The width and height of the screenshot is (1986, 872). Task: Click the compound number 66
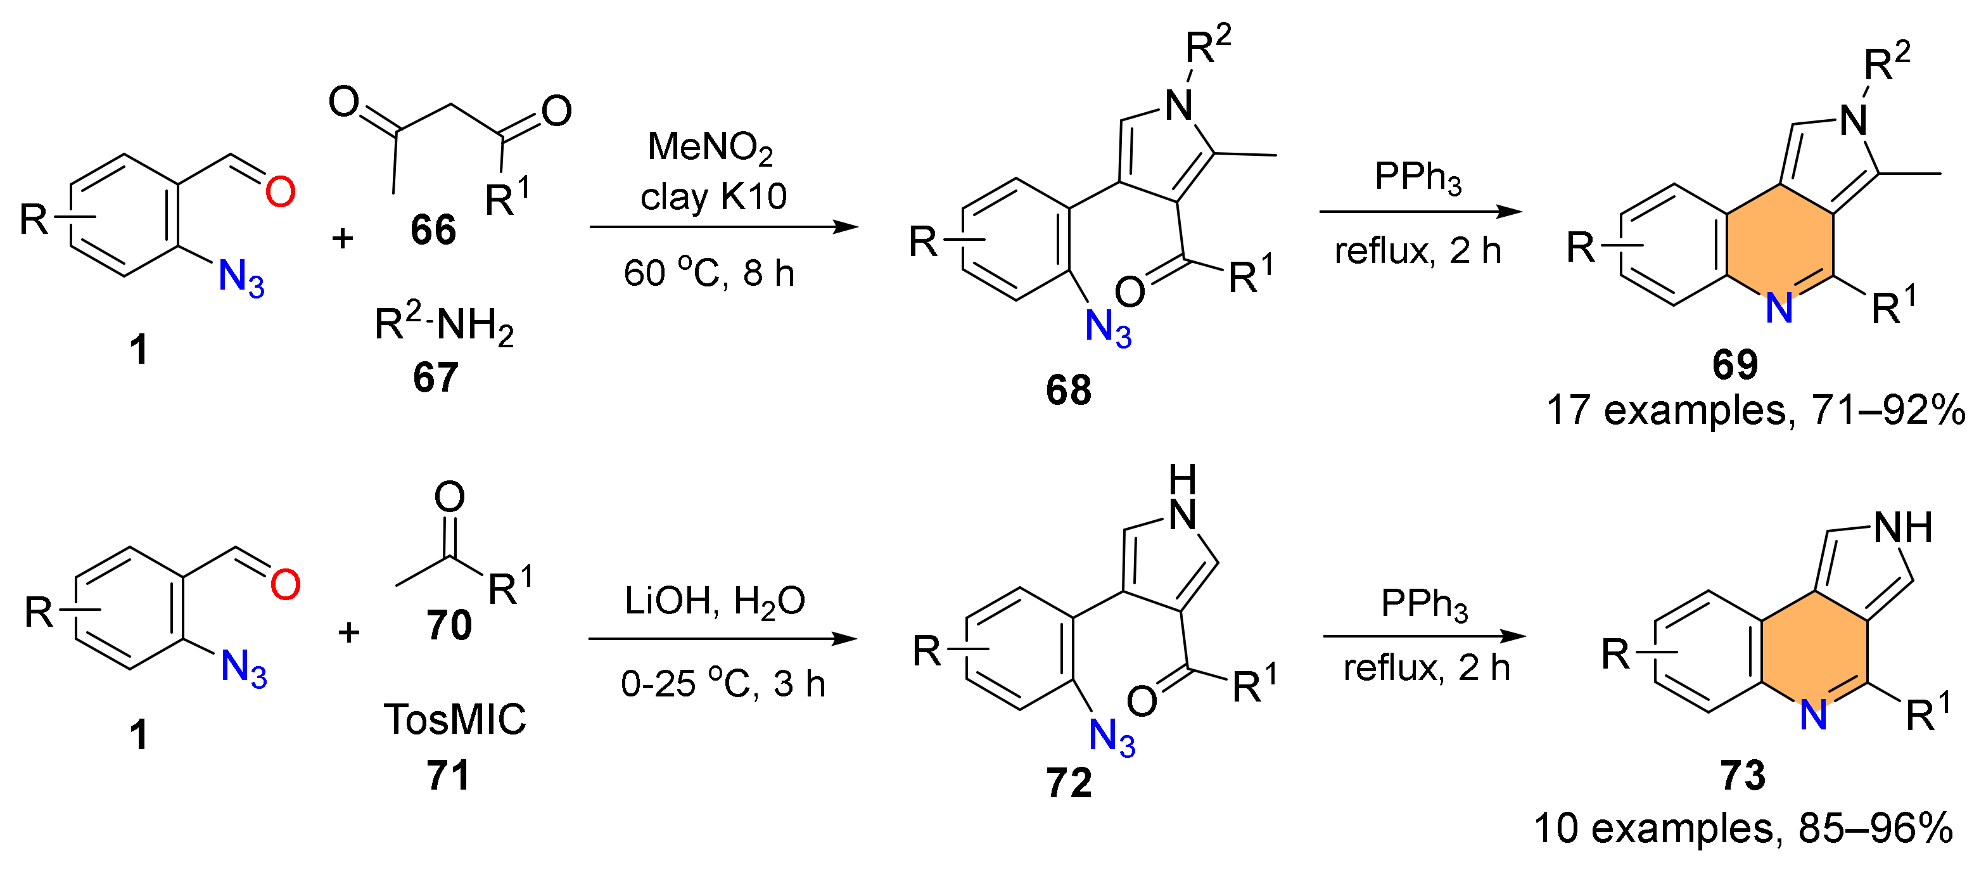(x=433, y=230)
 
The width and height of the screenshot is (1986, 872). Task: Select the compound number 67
(x=436, y=377)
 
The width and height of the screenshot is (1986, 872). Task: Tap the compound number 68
(x=1069, y=389)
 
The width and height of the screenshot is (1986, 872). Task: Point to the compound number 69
(x=1735, y=364)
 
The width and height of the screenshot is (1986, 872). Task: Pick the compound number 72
(x=1069, y=783)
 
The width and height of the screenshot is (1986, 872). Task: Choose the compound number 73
(x=1742, y=775)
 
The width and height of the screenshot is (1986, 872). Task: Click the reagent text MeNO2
(x=710, y=146)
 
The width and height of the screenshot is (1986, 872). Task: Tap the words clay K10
(x=713, y=196)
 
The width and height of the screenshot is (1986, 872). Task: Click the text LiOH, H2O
(x=715, y=601)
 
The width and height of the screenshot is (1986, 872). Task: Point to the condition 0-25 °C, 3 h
(x=722, y=683)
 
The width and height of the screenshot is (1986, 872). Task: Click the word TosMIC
(x=455, y=719)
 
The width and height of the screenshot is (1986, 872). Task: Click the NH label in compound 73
(x=1903, y=528)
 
